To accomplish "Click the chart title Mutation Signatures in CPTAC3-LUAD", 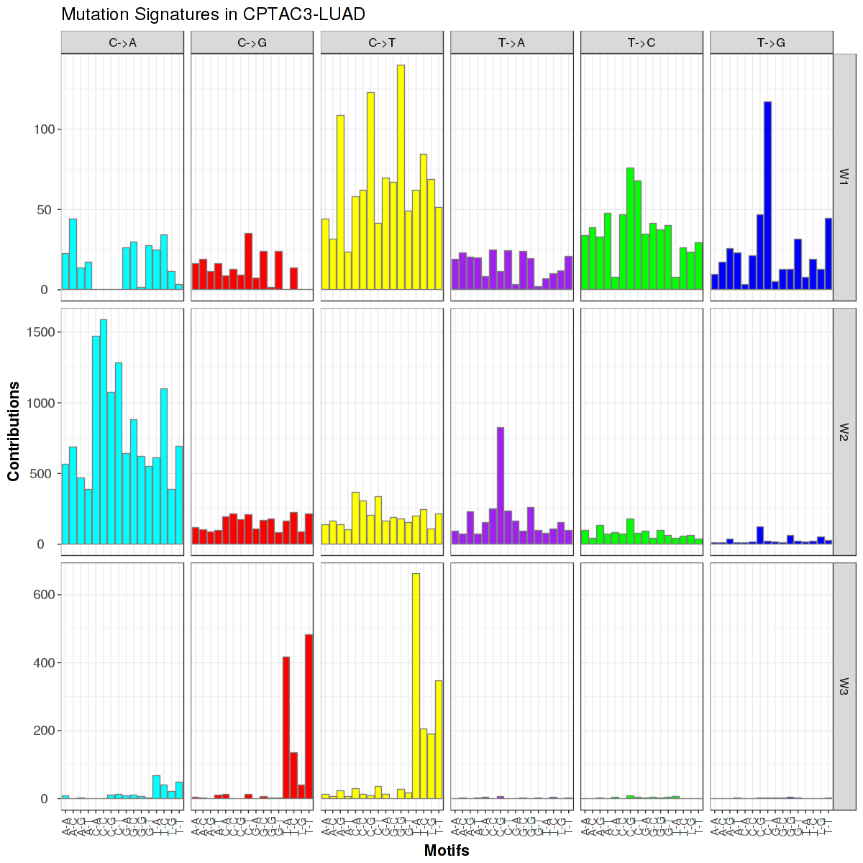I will [x=213, y=14].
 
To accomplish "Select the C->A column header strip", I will [x=122, y=43].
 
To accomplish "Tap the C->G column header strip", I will [x=252, y=43].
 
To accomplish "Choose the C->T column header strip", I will [x=382, y=43].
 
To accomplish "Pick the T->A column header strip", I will [x=511, y=43].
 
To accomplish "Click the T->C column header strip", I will [x=641, y=43].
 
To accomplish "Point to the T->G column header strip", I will [x=771, y=43].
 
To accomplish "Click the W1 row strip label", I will [x=844, y=177].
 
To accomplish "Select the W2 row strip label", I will [x=844, y=431].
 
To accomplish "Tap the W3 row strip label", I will [x=844, y=686].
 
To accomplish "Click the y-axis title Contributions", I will [x=14, y=431].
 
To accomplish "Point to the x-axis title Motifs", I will [x=447, y=851].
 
